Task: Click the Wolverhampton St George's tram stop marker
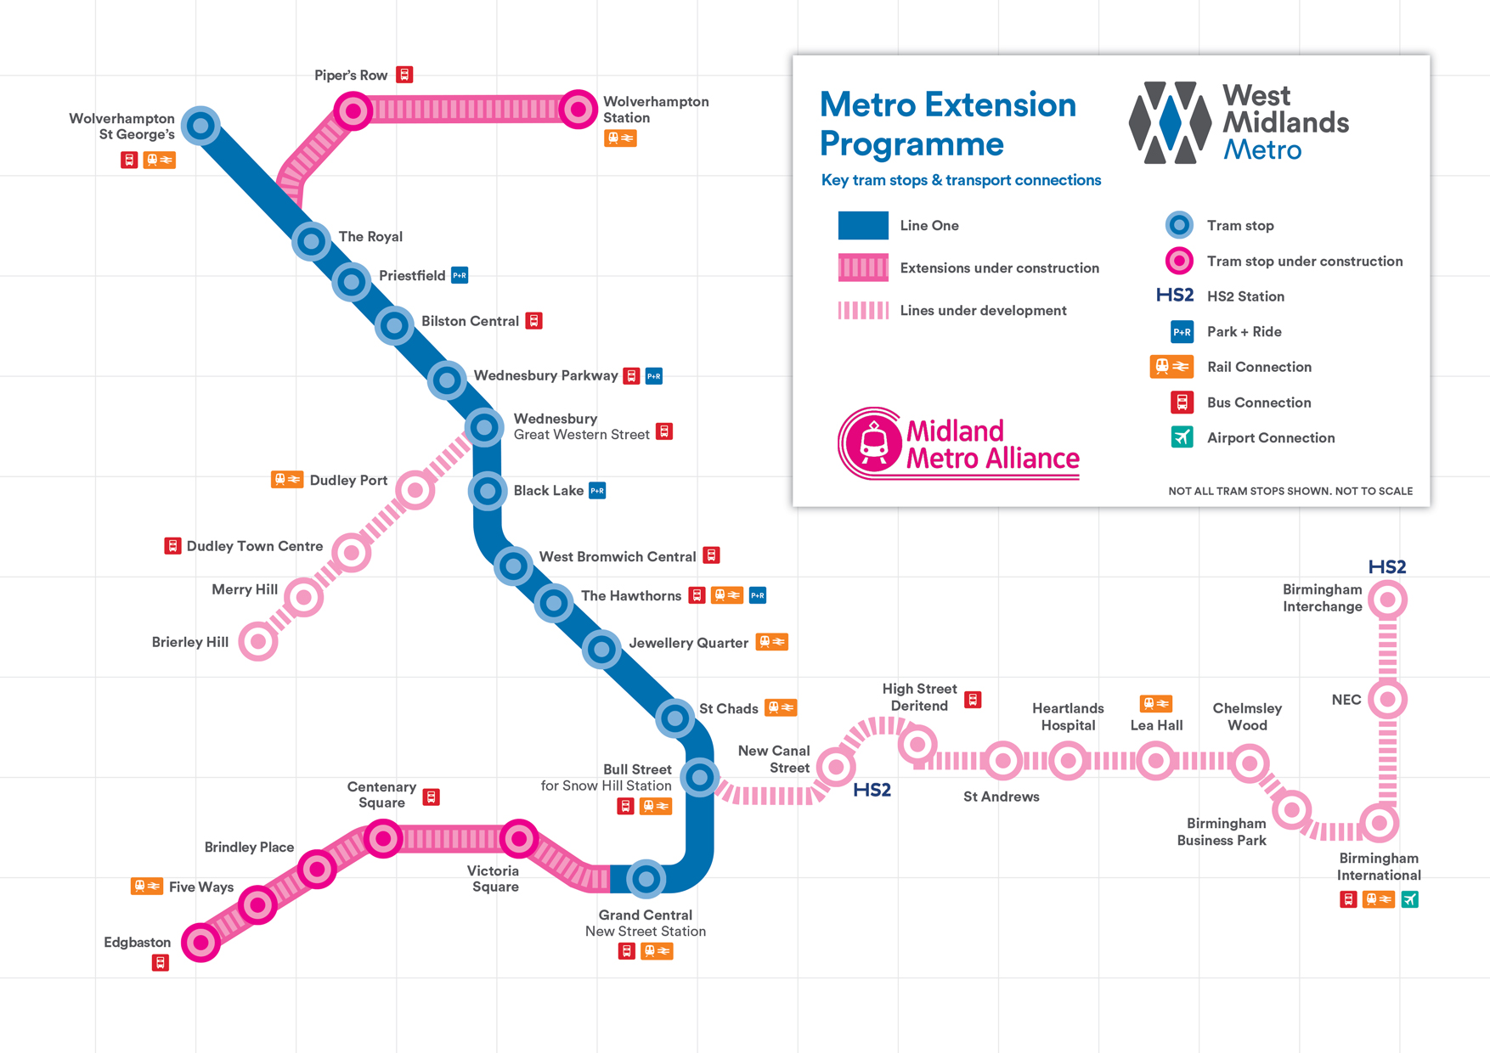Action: tap(200, 126)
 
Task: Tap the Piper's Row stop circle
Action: tap(353, 110)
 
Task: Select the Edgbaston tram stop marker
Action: tap(200, 942)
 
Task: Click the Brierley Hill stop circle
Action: tap(258, 641)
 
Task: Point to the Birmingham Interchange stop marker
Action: tap(1387, 600)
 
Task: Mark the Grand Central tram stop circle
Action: tap(646, 878)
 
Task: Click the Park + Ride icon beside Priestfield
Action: tap(460, 275)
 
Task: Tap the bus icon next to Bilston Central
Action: tap(533, 321)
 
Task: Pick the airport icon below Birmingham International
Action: tap(1410, 899)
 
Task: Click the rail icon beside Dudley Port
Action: tap(287, 480)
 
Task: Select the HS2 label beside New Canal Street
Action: tap(872, 790)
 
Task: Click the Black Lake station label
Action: tap(548, 491)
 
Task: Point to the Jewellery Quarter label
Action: tap(688, 643)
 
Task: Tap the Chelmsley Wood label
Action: tap(1247, 717)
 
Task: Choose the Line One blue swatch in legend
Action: tap(863, 225)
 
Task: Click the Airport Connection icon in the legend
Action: tap(1182, 437)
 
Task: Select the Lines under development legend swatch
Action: tap(863, 310)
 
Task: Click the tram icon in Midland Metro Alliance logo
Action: tap(874, 442)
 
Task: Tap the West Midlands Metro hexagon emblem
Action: tap(1170, 122)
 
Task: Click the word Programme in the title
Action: tap(911, 144)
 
